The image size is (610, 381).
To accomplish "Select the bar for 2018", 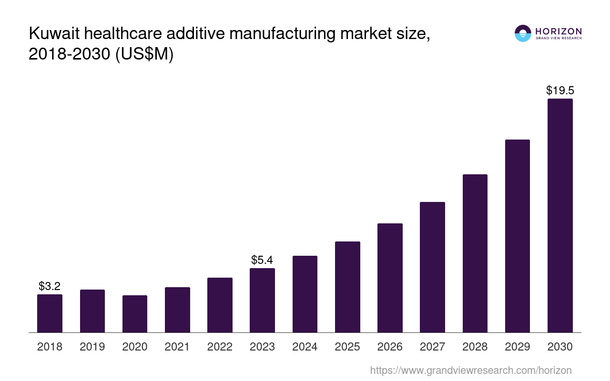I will tap(50, 313).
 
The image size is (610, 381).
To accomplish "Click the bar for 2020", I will tap(135, 314).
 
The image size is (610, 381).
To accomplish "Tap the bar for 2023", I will tap(262, 300).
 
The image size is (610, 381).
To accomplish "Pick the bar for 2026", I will tap(390, 278).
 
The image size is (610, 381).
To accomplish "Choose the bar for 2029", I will tap(517, 236).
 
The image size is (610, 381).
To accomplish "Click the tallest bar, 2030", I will tap(560, 215).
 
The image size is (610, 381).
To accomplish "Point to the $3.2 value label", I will tap(50, 286).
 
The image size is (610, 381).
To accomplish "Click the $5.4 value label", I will tap(262, 260).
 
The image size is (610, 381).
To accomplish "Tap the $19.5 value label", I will tap(560, 90).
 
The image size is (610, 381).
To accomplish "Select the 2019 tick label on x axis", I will tap(92, 347).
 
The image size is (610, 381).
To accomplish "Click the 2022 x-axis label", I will tap(220, 347).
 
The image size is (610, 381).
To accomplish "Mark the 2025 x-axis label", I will tap(347, 347).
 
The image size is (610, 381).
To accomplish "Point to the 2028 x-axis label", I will tap(475, 347).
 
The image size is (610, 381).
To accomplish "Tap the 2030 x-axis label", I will tap(560, 347).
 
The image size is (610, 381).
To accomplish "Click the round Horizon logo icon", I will tap(523, 33).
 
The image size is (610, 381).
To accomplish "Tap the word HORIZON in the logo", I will tap(559, 31).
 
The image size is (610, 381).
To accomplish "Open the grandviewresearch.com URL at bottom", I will tap(470, 370).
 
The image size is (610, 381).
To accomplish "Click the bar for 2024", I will tap(305, 294).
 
